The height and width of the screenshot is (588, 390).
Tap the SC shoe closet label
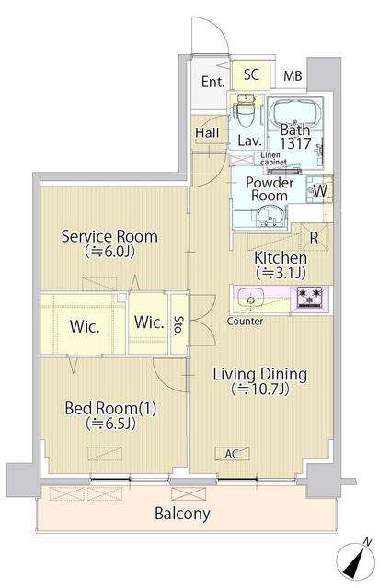tap(251, 75)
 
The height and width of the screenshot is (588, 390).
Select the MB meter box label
tap(292, 77)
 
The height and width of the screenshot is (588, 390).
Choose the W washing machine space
tap(319, 190)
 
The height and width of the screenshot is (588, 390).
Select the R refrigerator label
tap(314, 238)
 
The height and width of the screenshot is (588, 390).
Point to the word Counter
tap(246, 322)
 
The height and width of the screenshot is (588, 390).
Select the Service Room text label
tap(109, 236)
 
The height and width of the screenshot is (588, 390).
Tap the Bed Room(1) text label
tap(100, 407)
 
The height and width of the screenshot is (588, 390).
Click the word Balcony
tap(182, 514)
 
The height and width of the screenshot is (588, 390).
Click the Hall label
tap(206, 133)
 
